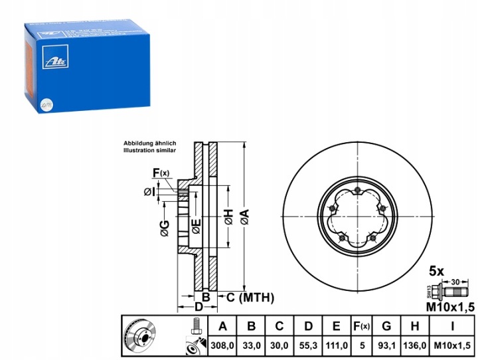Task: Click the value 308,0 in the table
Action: coord(222,347)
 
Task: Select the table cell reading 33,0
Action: coord(252,347)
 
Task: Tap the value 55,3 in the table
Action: coord(309,347)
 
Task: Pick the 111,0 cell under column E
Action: coord(337,347)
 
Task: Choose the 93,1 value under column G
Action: coord(387,347)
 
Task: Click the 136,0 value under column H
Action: coord(416,347)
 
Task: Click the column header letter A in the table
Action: coord(222,327)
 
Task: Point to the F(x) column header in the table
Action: coord(362,327)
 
